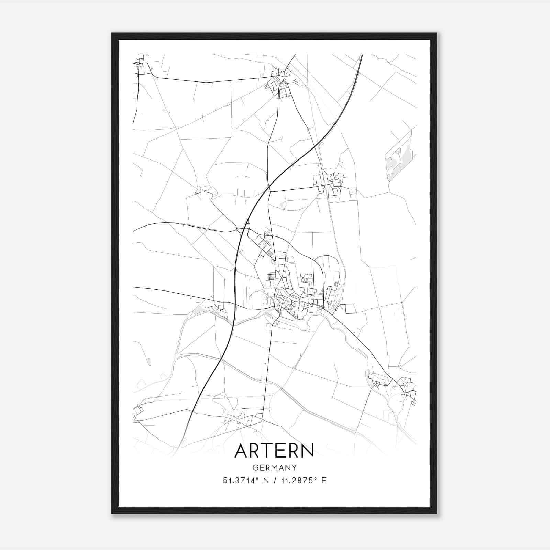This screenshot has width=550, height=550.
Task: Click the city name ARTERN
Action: click(x=274, y=450)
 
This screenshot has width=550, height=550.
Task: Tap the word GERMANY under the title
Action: click(x=274, y=468)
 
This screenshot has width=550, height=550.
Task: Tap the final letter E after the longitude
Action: click(x=323, y=481)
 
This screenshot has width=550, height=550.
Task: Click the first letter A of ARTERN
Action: click(x=241, y=450)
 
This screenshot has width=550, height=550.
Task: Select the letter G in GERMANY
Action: click(x=255, y=468)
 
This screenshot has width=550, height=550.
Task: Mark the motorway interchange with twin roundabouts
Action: click(x=243, y=230)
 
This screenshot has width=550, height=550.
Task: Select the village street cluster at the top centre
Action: click(x=279, y=84)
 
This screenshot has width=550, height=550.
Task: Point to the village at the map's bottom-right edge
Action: click(x=407, y=388)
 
